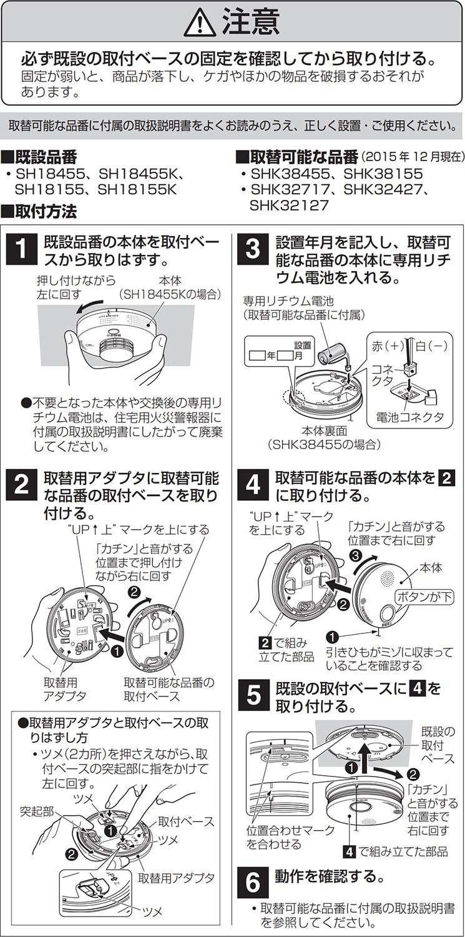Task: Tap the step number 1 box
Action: pos(21,250)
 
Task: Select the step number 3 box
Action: pos(252,250)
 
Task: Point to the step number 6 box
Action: pos(252,882)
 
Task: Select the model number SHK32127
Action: pos(290,204)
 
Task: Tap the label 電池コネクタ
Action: pos(409,417)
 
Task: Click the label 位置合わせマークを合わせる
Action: pos(281,837)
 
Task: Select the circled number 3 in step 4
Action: pos(355,555)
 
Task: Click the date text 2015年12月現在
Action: pos(413,156)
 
